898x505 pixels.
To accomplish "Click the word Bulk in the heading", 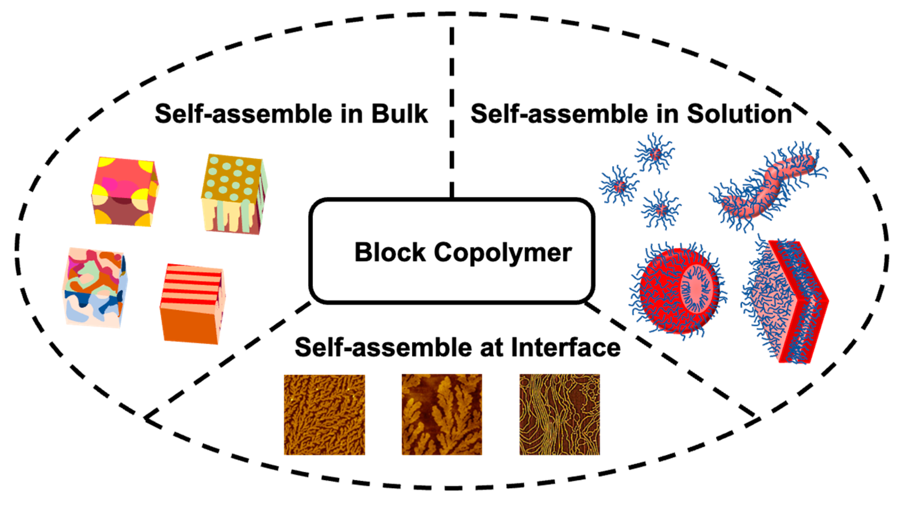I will [400, 114].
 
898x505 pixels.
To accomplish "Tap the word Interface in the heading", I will [566, 347].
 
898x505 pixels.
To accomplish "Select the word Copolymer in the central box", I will [503, 252].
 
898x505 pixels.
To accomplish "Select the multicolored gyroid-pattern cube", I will [94, 287].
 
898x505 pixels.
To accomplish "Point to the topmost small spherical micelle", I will [655, 153].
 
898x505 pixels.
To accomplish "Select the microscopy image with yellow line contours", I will [559, 414].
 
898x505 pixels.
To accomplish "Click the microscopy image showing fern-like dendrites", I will [442, 414].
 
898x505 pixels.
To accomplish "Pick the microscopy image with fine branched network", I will [324, 414].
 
